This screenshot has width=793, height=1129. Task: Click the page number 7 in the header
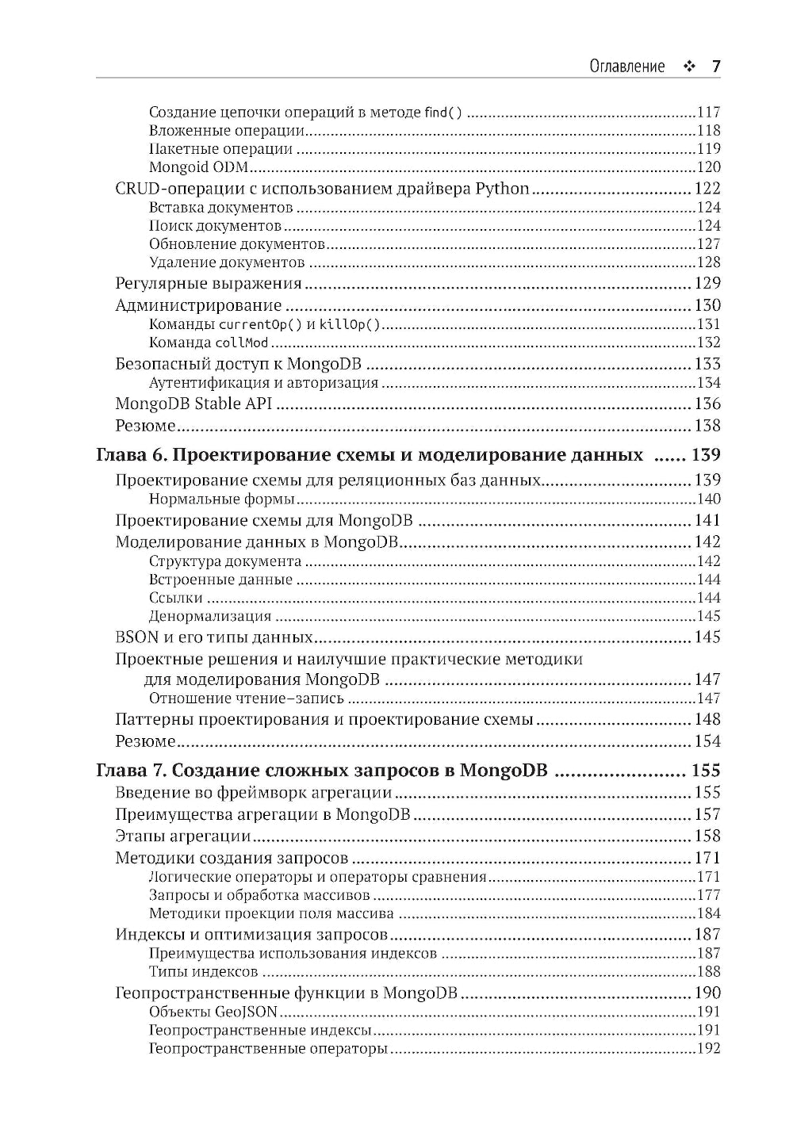coord(715,67)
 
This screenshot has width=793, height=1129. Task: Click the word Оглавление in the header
coord(626,67)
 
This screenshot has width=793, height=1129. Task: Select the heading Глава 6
coord(369,456)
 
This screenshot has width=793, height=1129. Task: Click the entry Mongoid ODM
coord(199,167)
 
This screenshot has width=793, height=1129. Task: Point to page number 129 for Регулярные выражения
coord(707,284)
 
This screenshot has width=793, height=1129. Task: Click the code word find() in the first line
coord(443,113)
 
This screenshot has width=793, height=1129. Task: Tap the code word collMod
coord(242,343)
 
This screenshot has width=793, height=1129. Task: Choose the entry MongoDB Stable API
coord(193,404)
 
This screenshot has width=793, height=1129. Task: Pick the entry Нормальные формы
coord(222,499)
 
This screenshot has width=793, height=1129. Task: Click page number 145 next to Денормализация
coord(708,617)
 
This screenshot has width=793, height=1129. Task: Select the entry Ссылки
coord(175,598)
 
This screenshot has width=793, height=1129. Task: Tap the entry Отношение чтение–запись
coord(247,698)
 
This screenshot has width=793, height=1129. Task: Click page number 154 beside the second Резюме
coord(707,741)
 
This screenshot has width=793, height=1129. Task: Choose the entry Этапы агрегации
coord(183,836)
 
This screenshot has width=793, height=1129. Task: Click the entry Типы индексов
coord(203,972)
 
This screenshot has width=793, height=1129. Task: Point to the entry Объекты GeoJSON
coord(213,1012)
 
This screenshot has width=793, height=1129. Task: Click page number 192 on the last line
coord(708,1049)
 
